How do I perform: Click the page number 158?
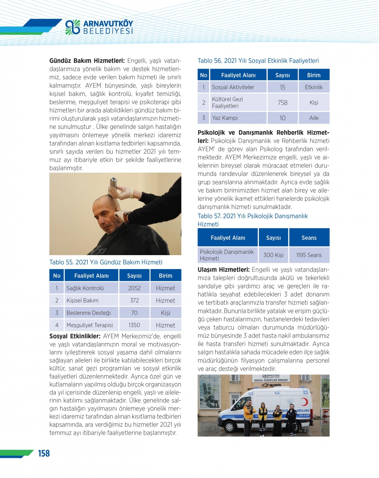pyautogui.click(x=44, y=453)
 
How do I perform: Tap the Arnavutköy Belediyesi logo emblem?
pyautogui.click(x=72, y=27)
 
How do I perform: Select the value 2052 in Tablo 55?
pyautogui.click(x=134, y=288)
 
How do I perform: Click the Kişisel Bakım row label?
pyautogui.click(x=82, y=301)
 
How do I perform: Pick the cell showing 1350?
pyautogui.click(x=134, y=325)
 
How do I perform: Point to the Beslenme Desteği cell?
pyautogui.click(x=88, y=313)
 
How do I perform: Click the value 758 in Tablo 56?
pyautogui.click(x=282, y=103)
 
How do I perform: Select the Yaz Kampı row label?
pyautogui.click(x=225, y=118)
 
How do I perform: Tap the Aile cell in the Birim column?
pyautogui.click(x=314, y=118)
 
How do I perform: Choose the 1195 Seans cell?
pyautogui.click(x=309, y=255)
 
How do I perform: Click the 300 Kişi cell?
pyautogui.click(x=273, y=255)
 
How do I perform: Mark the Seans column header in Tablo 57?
pyautogui.click(x=309, y=238)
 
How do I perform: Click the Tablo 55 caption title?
pyautogui.click(x=106, y=262)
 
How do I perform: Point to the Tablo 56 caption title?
pyautogui.click(x=258, y=61)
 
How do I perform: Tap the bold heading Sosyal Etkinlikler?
pyautogui.click(x=75, y=336)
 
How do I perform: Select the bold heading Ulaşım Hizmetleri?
pyautogui.click(x=224, y=270)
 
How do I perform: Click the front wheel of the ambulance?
pyautogui.click(x=230, y=426)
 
